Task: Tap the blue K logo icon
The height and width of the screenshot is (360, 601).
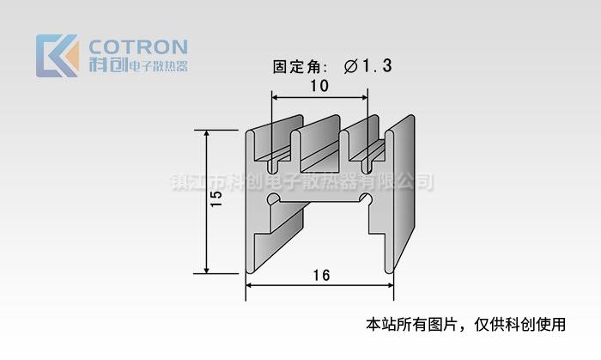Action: coord(56,55)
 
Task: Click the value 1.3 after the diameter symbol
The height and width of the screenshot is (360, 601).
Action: coord(377,66)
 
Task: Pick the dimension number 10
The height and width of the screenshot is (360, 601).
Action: coord(319,86)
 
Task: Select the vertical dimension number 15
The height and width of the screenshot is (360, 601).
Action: coord(216,199)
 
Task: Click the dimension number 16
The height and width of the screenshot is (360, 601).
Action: coord(320,276)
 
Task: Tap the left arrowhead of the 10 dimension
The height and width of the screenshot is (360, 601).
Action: coord(276,98)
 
